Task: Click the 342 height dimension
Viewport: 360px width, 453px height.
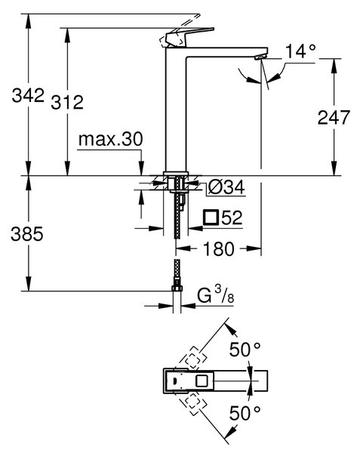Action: point(28,96)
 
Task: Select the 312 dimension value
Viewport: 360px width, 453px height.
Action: point(67,102)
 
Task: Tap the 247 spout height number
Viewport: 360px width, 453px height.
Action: point(334,118)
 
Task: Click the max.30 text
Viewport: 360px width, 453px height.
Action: point(111,139)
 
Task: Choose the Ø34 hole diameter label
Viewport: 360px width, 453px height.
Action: point(226,187)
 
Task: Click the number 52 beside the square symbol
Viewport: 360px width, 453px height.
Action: point(232,217)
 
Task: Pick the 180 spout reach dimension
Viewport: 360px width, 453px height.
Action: point(219,248)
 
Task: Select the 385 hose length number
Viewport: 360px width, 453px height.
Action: point(27,234)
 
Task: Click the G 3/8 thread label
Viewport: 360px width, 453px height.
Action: point(215,295)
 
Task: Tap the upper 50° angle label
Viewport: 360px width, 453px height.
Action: point(245,350)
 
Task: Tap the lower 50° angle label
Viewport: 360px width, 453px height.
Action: point(245,413)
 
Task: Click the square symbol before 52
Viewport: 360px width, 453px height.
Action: point(211,217)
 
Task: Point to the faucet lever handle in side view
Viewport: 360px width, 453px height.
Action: point(186,37)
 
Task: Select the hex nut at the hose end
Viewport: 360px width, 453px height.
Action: point(177,288)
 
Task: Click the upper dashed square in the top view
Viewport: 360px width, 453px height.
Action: point(193,358)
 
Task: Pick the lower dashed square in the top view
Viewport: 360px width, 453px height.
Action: point(193,405)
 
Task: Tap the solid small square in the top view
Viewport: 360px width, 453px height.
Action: point(201,381)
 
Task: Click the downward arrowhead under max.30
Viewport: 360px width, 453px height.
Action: point(141,168)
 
